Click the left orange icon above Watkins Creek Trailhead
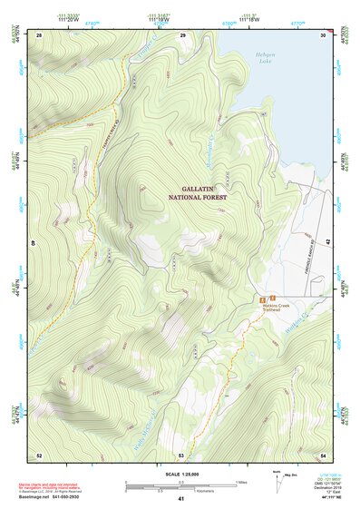coord(263,299)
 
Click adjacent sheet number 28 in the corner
coord(39,34)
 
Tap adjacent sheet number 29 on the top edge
coord(183,34)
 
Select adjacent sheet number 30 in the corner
coord(324,34)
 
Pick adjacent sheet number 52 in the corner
coord(39,454)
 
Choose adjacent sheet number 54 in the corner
coord(324,454)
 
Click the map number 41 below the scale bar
coord(180,499)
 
